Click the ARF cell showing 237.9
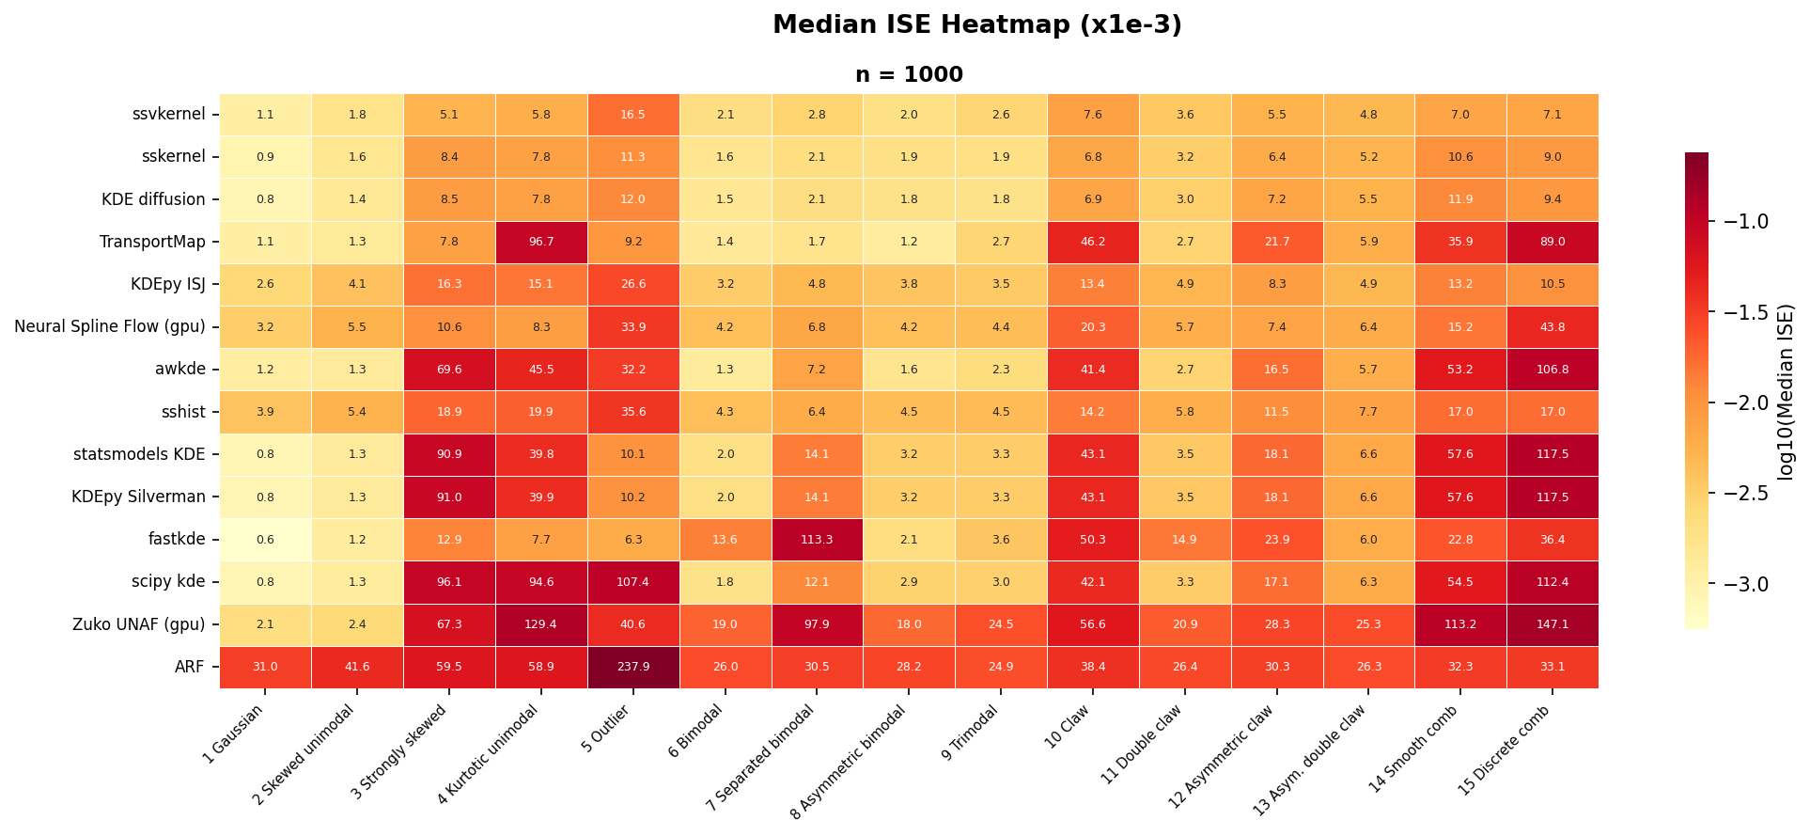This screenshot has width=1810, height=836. [632, 667]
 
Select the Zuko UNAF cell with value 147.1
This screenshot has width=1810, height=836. [1552, 624]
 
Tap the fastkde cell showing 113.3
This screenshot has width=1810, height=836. [816, 540]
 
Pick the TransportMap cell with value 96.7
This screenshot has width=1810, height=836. [540, 242]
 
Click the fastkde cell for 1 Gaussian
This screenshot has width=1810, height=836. [265, 540]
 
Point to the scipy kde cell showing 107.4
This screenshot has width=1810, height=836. [632, 582]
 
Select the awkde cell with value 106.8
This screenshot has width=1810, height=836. [1552, 370]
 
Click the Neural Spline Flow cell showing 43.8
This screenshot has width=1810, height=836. [1552, 327]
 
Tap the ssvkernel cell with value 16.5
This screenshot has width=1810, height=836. [632, 115]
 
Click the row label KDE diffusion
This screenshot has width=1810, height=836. [153, 199]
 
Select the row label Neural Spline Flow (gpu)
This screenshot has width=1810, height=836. [110, 327]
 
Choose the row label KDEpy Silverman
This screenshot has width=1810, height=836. [138, 497]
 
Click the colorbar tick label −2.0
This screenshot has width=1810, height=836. [1745, 402]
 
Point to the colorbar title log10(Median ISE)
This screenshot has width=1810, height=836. [1786, 391]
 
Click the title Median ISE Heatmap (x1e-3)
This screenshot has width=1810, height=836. [976, 25]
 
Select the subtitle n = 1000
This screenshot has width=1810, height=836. [909, 75]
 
